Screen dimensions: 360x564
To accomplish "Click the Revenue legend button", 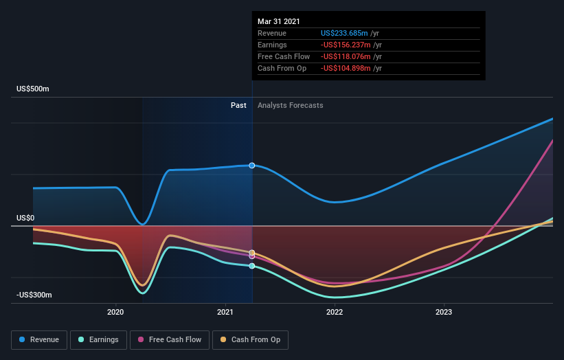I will click(40, 339).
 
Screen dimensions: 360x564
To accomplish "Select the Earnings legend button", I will click(98, 339).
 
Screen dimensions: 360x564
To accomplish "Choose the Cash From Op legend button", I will click(251, 339).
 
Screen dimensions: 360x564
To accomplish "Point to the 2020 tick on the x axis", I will click(115, 311).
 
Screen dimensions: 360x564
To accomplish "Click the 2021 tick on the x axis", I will click(225, 311).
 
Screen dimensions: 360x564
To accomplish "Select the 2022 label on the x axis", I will click(335, 311).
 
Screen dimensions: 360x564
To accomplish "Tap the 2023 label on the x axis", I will click(444, 311).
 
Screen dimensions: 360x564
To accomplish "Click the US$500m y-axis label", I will click(34, 89).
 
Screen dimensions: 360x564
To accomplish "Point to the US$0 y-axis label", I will click(25, 218).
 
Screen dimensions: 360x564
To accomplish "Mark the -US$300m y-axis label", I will click(34, 295).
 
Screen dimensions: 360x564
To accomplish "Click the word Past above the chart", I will click(238, 105).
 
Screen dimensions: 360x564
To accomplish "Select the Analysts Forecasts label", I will click(290, 105).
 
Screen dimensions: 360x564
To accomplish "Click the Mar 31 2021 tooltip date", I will click(279, 22).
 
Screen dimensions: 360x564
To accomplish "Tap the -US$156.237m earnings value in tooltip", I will click(347, 45).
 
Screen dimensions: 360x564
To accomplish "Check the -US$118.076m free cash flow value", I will click(347, 56).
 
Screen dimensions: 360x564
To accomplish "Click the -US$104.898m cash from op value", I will click(347, 68).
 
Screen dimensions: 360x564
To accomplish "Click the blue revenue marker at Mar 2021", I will click(252, 166).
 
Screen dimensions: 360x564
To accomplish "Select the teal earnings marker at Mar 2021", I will click(252, 266).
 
